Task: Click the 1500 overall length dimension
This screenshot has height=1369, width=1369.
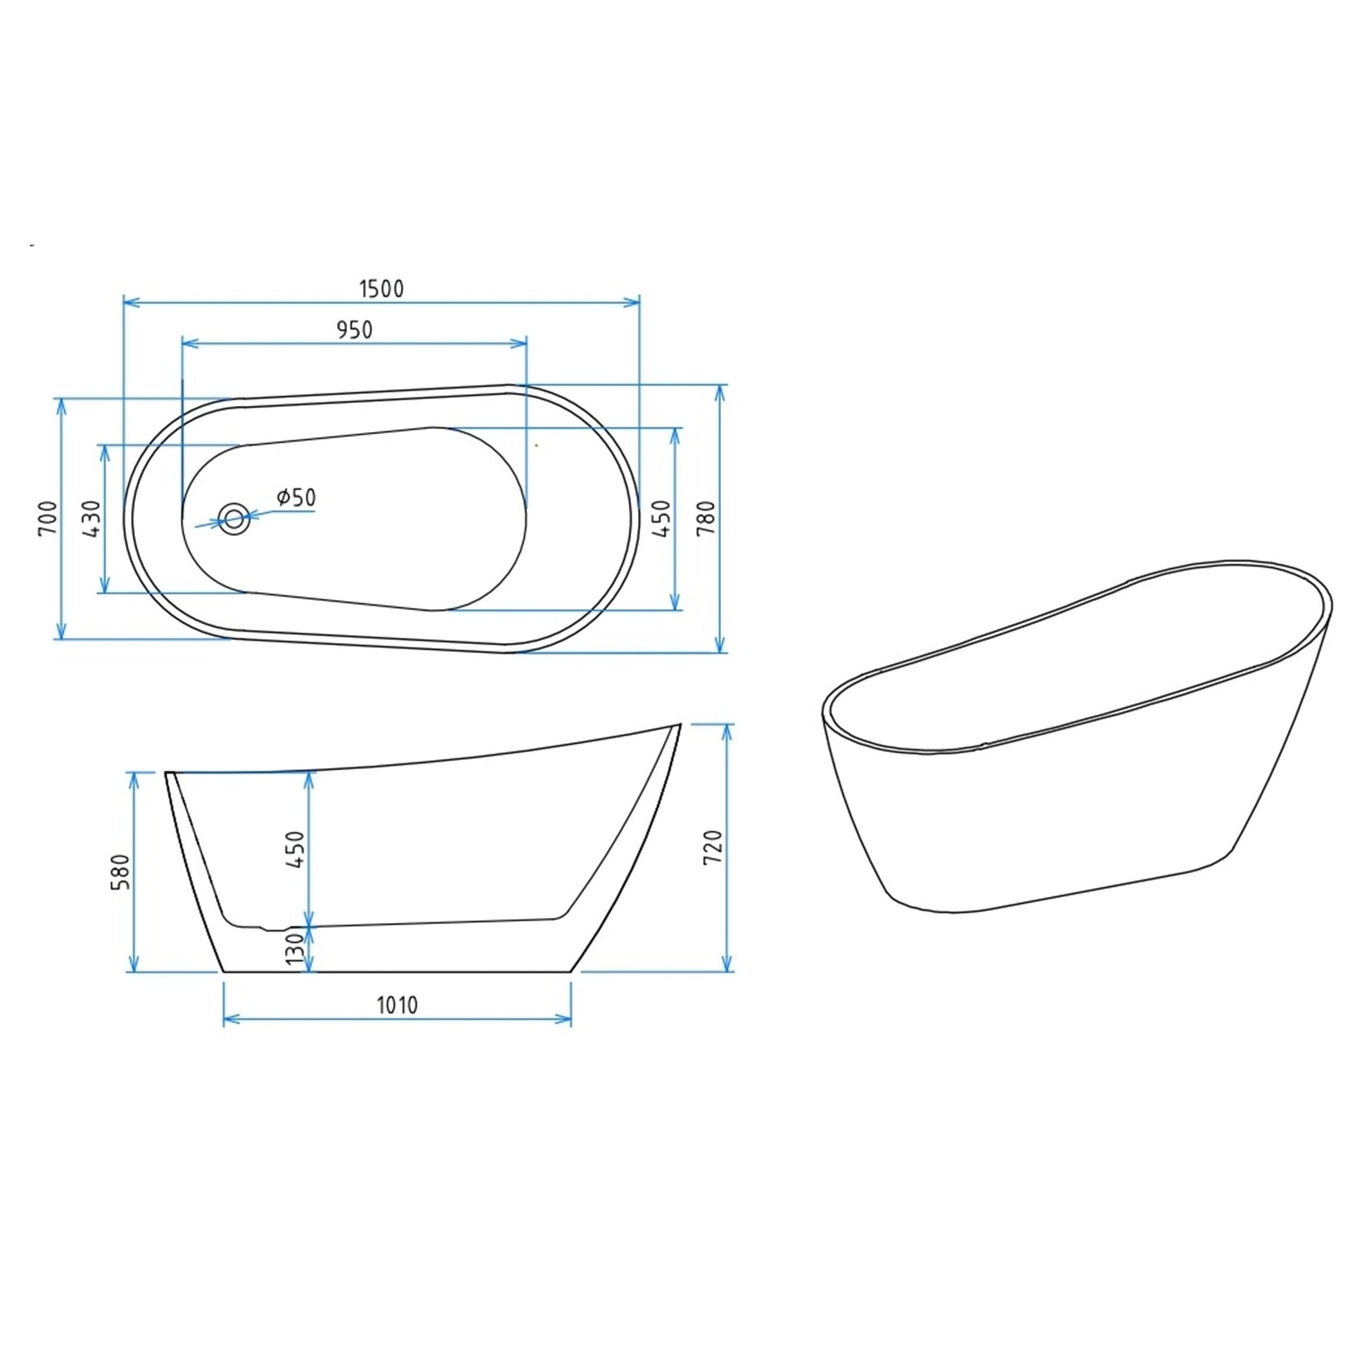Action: tap(381, 289)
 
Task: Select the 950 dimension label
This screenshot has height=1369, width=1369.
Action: tap(355, 330)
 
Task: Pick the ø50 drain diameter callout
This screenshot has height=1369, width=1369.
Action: tap(296, 497)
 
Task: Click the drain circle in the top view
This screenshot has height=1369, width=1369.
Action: tap(233, 519)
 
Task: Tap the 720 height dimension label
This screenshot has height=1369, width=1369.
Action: tap(712, 846)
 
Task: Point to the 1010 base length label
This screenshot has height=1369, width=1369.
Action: tap(397, 1005)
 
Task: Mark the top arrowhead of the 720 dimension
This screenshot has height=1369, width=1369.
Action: tap(726, 730)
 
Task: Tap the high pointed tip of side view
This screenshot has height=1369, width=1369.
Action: tap(679, 725)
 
